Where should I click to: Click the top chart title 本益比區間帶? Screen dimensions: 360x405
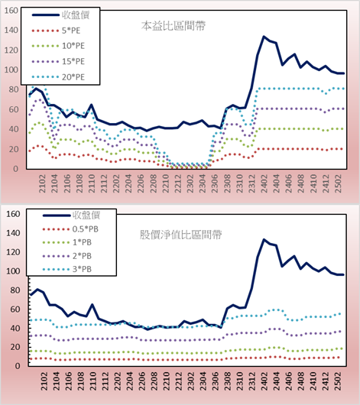(x=174, y=26)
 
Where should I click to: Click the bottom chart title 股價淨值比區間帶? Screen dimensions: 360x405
(x=180, y=235)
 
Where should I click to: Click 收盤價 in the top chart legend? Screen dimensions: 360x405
(x=76, y=15)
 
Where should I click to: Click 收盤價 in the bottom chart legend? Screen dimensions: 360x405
(x=86, y=215)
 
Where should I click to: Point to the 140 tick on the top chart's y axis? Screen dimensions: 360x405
(x=11, y=31)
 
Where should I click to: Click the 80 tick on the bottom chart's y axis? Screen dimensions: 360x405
(x=15, y=290)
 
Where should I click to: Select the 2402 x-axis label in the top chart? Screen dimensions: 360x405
(x=264, y=183)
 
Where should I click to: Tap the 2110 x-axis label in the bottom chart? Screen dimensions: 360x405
(x=92, y=381)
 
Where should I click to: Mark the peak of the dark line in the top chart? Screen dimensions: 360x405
(x=264, y=37)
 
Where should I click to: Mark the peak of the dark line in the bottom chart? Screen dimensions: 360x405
(x=264, y=239)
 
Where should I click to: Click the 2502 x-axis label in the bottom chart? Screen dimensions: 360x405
(x=338, y=381)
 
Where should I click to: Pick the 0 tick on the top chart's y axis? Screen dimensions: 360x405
(x=15, y=169)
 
